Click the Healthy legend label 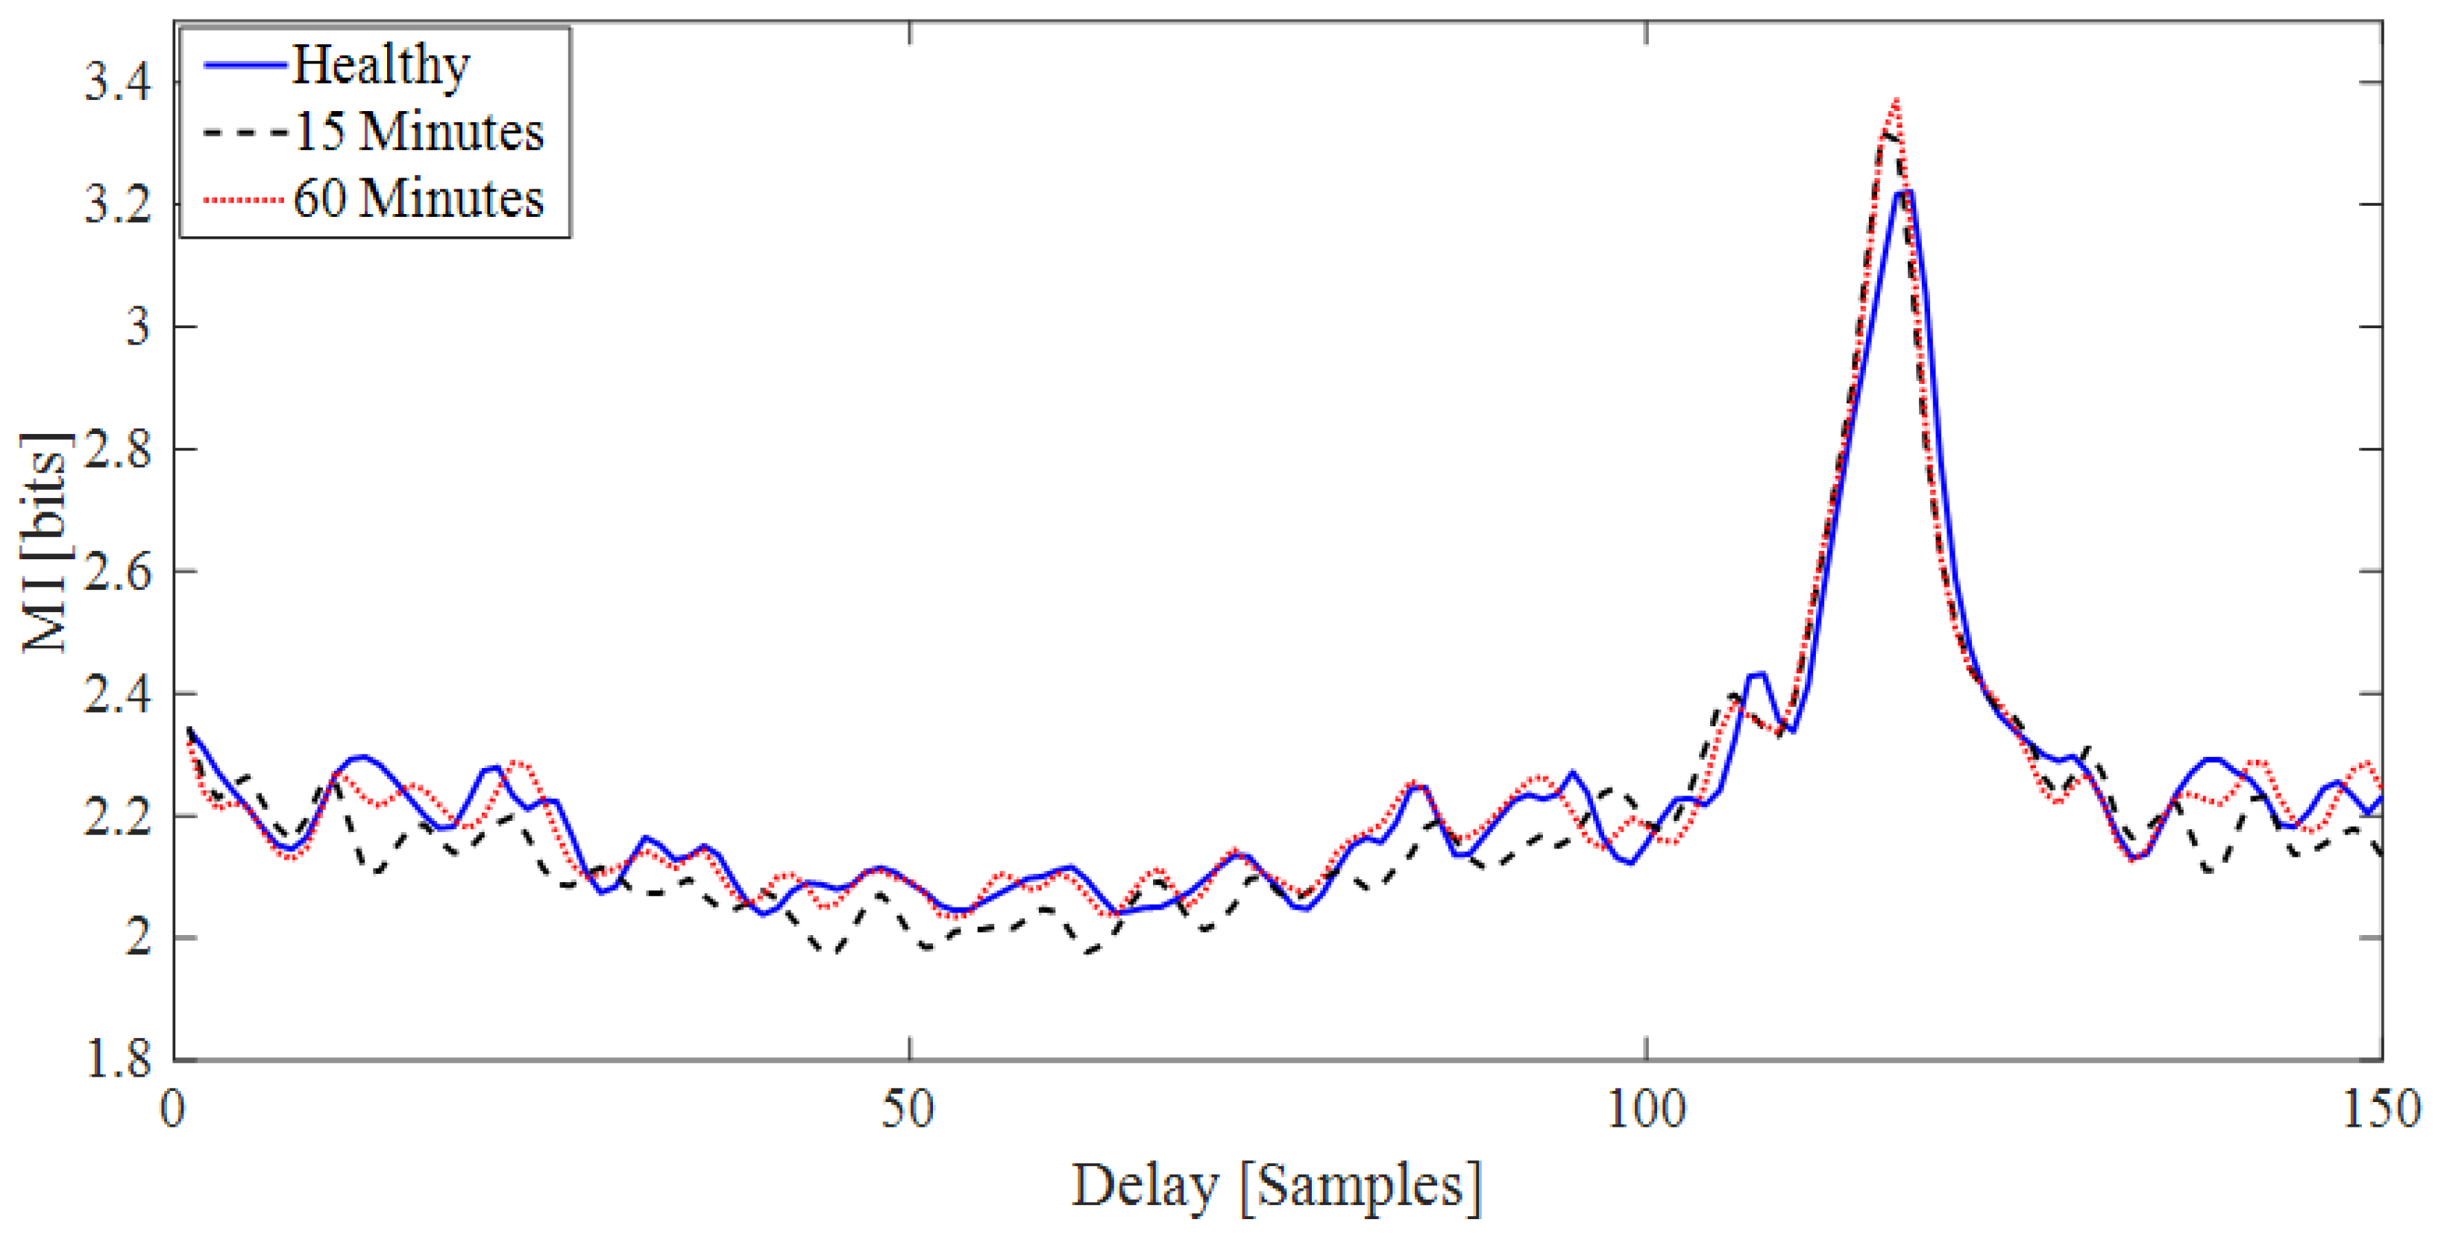click(x=380, y=66)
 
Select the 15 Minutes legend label click(x=419, y=131)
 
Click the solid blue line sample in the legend click(x=244, y=66)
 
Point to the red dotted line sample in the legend click(x=244, y=200)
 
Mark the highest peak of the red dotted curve click(x=1895, y=101)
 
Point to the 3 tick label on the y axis click(x=138, y=327)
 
